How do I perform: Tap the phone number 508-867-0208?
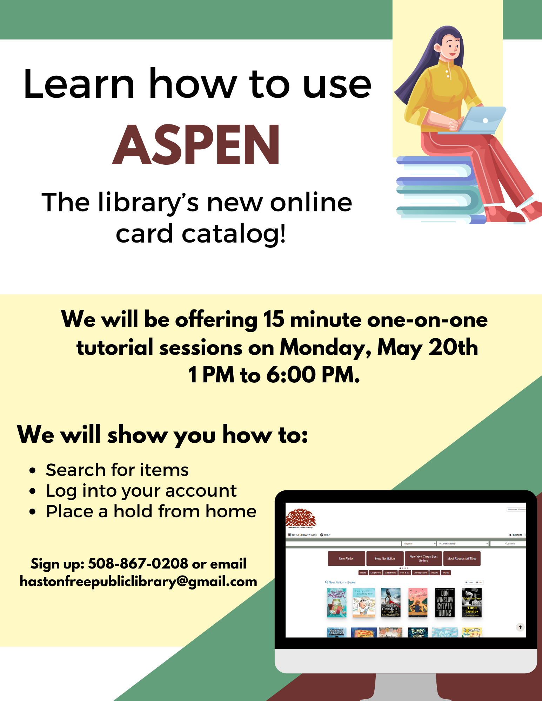click(x=138, y=564)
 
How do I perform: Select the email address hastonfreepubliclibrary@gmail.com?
click(x=138, y=581)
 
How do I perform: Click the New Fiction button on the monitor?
click(x=346, y=558)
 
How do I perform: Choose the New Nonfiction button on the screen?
click(x=385, y=558)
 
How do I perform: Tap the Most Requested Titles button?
click(x=462, y=558)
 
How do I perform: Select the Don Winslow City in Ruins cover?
click(x=444, y=603)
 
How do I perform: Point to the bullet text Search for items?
click(x=117, y=470)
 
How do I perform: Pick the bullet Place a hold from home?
click(x=151, y=511)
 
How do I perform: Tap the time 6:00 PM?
click(x=313, y=375)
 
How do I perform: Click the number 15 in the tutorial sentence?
click(x=274, y=319)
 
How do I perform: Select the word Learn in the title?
click(x=79, y=84)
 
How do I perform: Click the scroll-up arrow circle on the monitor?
click(x=520, y=627)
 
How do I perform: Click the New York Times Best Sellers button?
click(x=423, y=558)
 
